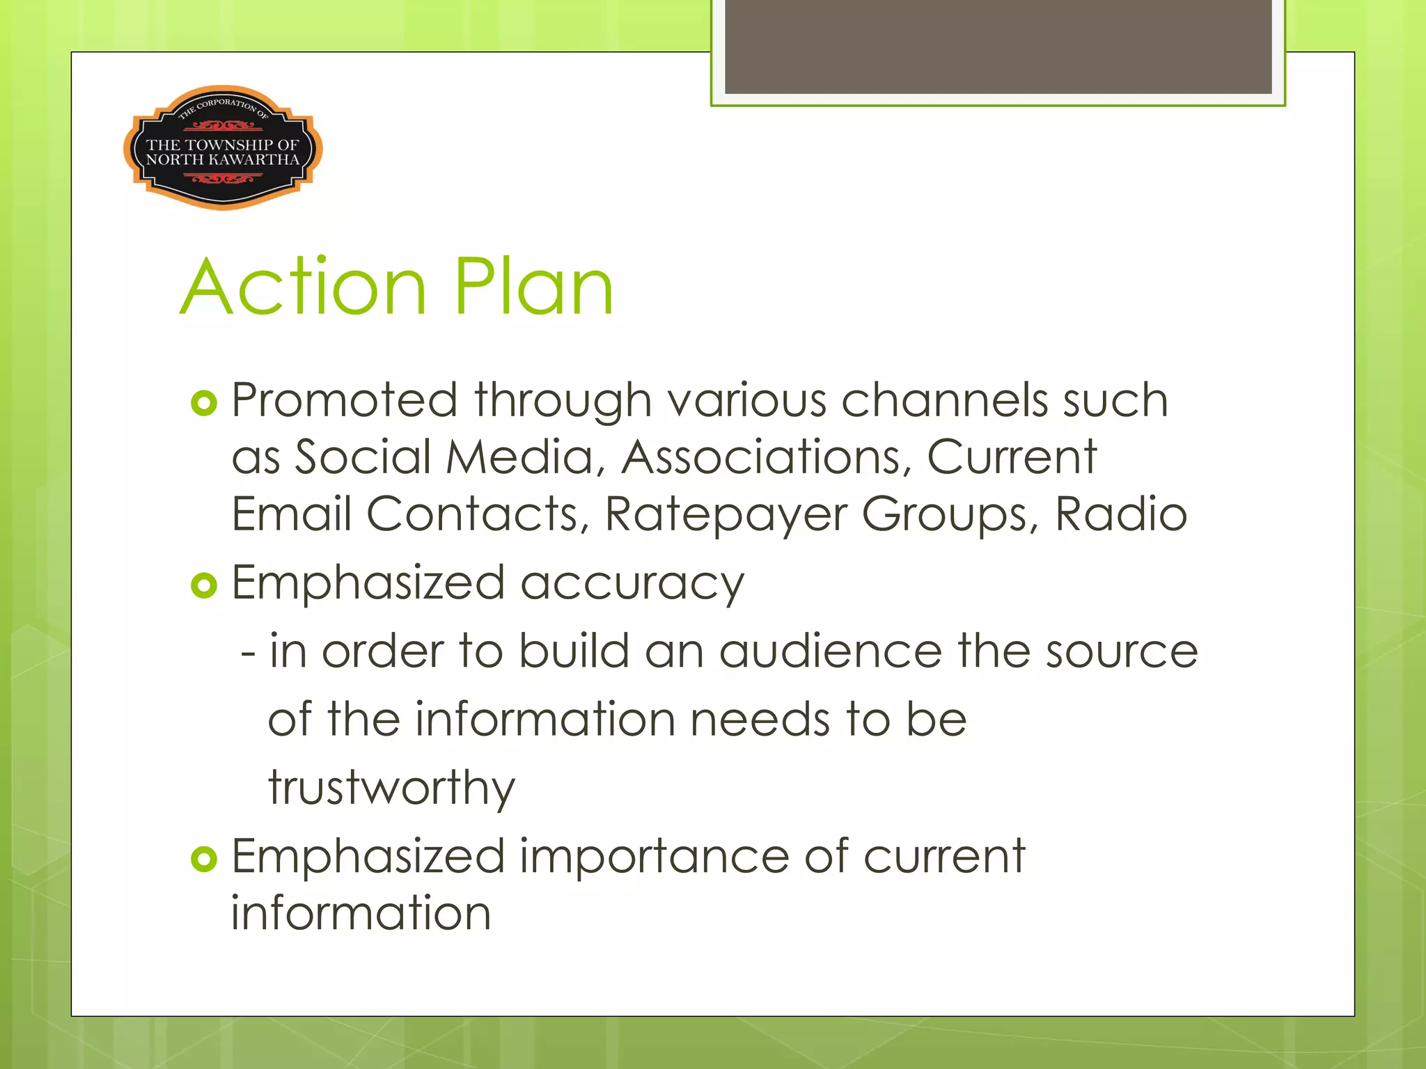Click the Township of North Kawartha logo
coord(223,148)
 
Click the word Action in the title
coord(304,287)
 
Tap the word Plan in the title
coord(534,287)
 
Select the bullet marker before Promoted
coord(204,403)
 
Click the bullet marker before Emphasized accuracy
coord(204,585)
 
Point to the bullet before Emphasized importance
coord(204,859)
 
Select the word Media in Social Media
coord(520,458)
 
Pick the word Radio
coord(1120,514)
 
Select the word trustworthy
coord(392,789)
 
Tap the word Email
coord(292,514)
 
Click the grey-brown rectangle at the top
coord(998,46)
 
